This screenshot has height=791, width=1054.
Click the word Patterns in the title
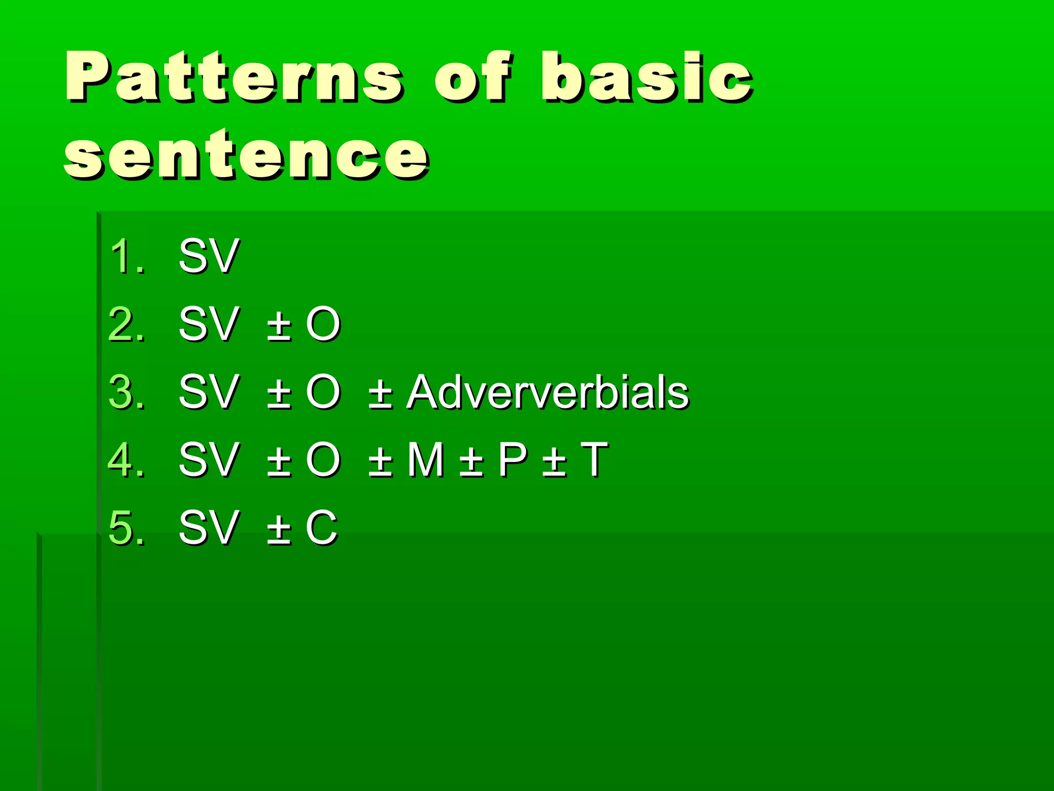tap(234, 77)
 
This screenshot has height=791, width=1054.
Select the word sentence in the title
tap(246, 154)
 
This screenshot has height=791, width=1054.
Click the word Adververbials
tap(547, 392)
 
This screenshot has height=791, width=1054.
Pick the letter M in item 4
tap(425, 459)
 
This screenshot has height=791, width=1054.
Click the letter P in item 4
tap(512, 459)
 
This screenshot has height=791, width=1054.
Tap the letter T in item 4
tap(594, 459)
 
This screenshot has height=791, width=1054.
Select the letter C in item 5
tap(322, 527)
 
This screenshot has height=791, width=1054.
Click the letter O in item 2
tap(323, 324)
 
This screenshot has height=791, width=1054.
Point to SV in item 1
tap(208, 256)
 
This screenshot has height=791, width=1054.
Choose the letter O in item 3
tap(323, 392)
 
